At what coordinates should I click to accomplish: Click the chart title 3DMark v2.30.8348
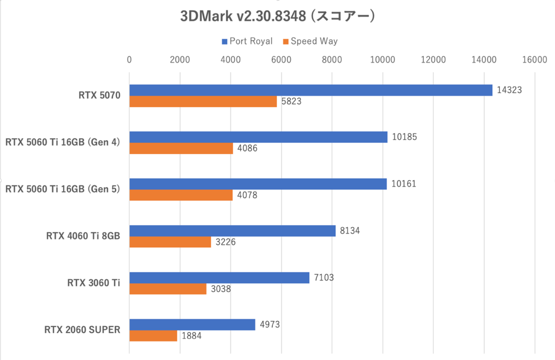[277, 16]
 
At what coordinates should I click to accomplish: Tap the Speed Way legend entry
[314, 41]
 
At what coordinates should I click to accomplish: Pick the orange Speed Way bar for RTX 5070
[203, 101]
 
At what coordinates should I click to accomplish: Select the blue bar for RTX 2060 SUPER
[192, 324]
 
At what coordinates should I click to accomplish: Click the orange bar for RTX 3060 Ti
[168, 289]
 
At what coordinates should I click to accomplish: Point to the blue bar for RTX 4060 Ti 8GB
[233, 230]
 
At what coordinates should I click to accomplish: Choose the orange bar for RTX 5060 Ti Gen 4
[181, 148]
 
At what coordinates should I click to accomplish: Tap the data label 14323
[509, 90]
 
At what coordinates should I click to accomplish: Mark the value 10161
[403, 184]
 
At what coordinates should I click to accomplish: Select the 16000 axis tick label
[534, 60]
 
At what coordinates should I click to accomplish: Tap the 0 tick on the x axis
[129, 60]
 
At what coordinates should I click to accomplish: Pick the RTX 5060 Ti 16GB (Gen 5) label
[62, 189]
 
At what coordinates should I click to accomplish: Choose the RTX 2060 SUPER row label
[82, 330]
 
